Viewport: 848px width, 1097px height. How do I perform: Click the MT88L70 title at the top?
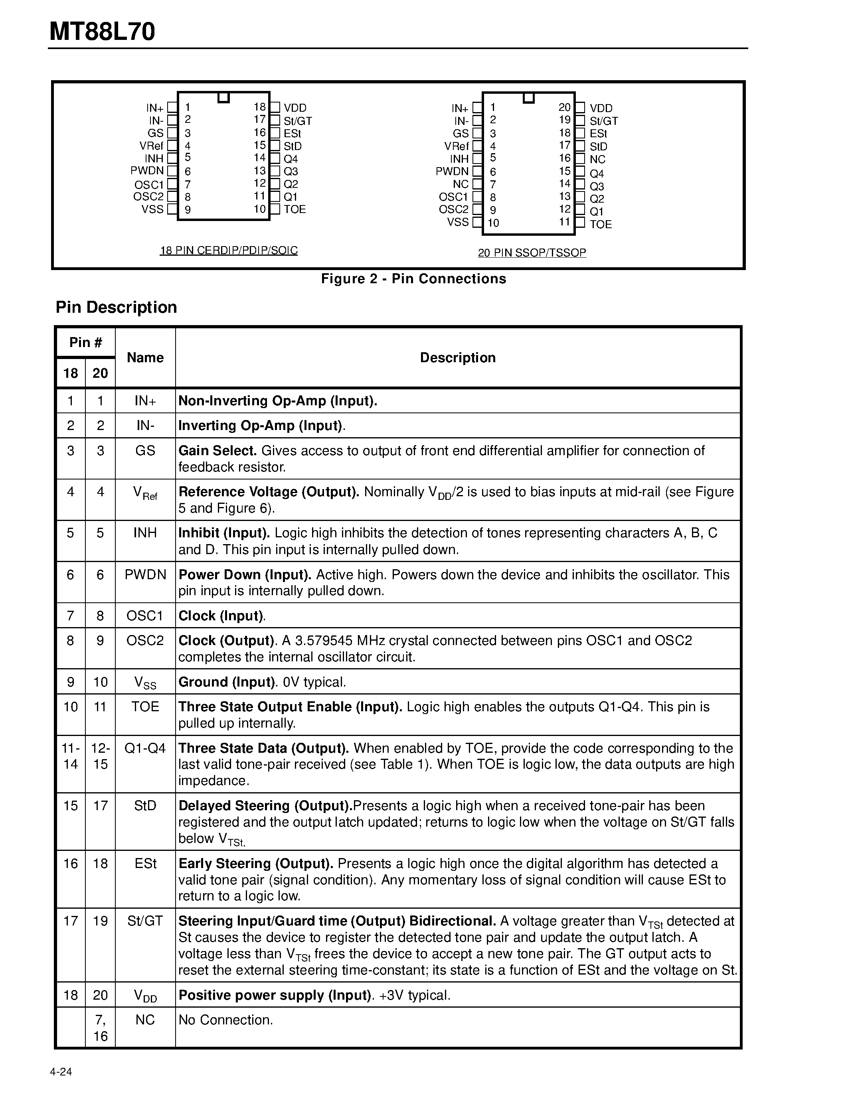coord(103,32)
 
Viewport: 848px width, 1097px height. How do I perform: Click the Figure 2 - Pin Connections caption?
coord(413,279)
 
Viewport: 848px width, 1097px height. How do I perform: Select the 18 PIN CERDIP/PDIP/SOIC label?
coord(229,250)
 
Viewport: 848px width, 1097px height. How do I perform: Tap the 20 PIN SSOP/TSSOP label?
coord(532,252)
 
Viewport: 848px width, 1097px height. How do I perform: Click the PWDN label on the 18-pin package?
coord(147,171)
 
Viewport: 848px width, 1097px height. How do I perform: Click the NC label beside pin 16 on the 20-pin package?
coord(597,159)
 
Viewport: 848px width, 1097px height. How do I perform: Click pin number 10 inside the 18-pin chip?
coord(259,209)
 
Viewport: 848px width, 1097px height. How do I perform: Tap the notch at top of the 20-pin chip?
coord(528,97)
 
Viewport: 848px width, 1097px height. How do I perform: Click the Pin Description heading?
coord(116,307)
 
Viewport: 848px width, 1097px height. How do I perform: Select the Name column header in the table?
coord(145,358)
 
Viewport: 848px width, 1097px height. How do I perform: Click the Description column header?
coord(458,358)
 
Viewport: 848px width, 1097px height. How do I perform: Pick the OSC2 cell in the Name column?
coord(145,641)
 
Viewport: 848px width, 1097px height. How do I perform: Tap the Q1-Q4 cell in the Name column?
coord(145,748)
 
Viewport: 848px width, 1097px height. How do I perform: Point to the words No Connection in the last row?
coord(225,1020)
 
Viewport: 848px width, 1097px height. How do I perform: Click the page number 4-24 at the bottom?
coord(61,1072)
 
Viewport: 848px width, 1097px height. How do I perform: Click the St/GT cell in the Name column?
coord(145,921)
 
